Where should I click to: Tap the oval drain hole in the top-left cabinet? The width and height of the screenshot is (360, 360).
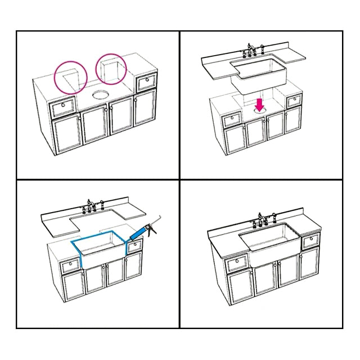(x=101, y=93)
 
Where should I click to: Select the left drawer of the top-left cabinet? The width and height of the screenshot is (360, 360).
(x=63, y=106)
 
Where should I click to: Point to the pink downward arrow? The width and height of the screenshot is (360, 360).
(x=260, y=104)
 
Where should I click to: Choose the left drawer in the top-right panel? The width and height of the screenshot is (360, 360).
(x=231, y=120)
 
